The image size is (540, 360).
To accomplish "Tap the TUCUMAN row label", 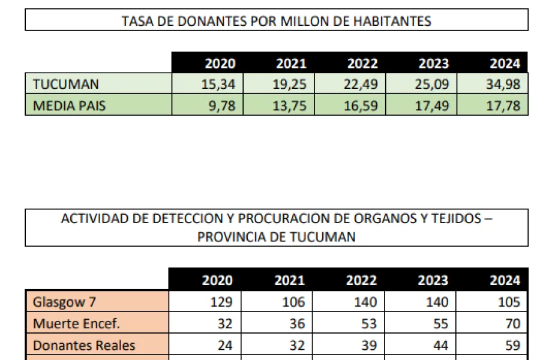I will tap(66, 84).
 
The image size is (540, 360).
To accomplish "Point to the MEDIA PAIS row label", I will tap(70, 106).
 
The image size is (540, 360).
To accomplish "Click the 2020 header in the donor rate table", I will tap(220, 64).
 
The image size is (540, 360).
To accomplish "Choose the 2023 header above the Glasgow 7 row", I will tap(433, 280).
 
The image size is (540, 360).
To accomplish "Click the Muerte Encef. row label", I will tap(76, 324).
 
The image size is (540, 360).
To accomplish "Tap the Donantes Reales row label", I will tap(84, 346).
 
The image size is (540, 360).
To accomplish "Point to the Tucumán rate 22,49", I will tap(362, 84).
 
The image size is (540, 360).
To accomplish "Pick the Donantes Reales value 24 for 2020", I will tap(224, 346).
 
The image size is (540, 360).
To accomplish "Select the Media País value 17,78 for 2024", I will tap(505, 106).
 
